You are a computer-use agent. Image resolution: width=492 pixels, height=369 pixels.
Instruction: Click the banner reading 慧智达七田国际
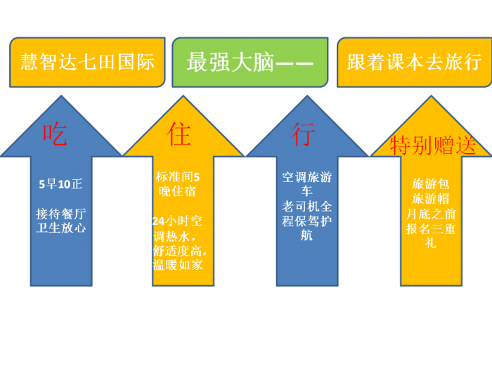pyautogui.click(x=87, y=62)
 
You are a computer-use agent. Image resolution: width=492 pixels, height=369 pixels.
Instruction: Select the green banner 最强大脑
pyautogui.click(x=250, y=62)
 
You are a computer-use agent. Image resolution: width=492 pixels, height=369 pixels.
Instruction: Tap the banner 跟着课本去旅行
pyautogui.click(x=415, y=62)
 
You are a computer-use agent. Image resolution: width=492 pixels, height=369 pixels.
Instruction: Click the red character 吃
pyautogui.click(x=55, y=134)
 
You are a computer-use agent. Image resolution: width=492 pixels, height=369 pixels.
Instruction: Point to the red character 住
pyautogui.click(x=179, y=134)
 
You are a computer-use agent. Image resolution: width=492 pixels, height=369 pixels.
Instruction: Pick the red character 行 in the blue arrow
pyautogui.click(x=303, y=134)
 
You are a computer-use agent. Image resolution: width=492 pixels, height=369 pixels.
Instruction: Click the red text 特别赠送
pyautogui.click(x=433, y=145)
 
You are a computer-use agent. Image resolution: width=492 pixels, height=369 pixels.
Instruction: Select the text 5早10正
pyautogui.click(x=60, y=184)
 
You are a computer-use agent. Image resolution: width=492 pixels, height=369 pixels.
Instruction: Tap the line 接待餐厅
pyautogui.click(x=61, y=214)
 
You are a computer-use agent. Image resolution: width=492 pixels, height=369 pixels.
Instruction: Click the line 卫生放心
pyautogui.click(x=61, y=228)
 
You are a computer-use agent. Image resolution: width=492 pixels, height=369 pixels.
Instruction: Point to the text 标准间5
pyautogui.click(x=178, y=177)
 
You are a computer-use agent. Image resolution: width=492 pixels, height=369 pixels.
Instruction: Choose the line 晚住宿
pyautogui.click(x=177, y=191)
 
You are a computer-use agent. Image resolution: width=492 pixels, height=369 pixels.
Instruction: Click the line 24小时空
pyautogui.click(x=178, y=221)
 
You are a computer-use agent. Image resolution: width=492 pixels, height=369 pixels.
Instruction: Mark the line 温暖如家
pyautogui.click(x=178, y=265)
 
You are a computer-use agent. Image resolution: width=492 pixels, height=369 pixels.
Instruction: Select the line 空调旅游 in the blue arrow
pyautogui.click(x=307, y=177)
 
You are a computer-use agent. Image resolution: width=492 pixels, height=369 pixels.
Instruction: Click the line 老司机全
pyautogui.click(x=307, y=207)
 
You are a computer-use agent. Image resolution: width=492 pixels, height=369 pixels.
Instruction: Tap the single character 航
pyautogui.click(x=306, y=235)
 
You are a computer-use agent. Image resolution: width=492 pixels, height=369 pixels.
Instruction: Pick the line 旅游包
pyautogui.click(x=430, y=184)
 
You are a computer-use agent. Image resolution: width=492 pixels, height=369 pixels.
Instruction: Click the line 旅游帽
pyautogui.click(x=430, y=199)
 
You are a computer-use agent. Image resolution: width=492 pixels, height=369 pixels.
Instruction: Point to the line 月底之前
pyautogui.click(x=431, y=214)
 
